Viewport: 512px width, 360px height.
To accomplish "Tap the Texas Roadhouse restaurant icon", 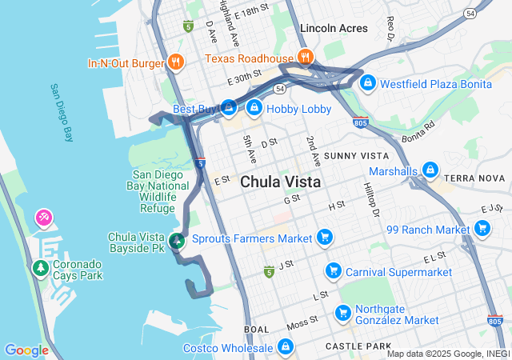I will click(305, 57).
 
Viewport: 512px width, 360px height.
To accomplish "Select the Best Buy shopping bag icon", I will click(230, 106).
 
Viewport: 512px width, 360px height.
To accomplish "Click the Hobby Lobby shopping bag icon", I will click(254, 107).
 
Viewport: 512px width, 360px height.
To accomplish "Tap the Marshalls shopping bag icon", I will click(430, 170).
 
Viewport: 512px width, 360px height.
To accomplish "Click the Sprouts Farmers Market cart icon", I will click(324, 238).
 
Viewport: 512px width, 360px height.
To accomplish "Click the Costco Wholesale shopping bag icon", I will click(286, 346).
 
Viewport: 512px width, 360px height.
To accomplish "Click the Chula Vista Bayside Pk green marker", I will click(178, 239).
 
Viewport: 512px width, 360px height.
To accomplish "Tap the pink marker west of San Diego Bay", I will click(43, 218).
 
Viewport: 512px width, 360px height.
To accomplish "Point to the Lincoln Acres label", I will click(334, 28).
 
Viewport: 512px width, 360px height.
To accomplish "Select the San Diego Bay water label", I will click(61, 113).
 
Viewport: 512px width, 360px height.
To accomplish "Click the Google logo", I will click(26, 350).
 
